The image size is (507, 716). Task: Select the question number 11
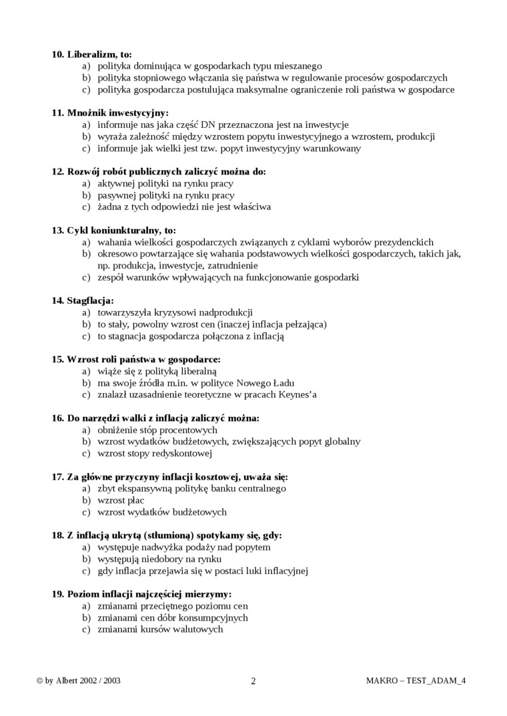pyautogui.click(x=57, y=113)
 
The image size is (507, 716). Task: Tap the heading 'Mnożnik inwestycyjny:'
pyautogui.click(x=118, y=113)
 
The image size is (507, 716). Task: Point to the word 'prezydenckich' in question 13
pyautogui.click(x=405, y=242)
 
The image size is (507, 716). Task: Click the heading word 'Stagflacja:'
pyautogui.click(x=90, y=300)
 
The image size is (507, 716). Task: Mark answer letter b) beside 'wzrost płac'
pyautogui.click(x=86, y=500)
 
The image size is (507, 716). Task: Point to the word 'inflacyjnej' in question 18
pyautogui.click(x=284, y=571)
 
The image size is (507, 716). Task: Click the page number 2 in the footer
pyautogui.click(x=253, y=681)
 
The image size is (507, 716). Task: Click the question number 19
pyautogui.click(x=57, y=593)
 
